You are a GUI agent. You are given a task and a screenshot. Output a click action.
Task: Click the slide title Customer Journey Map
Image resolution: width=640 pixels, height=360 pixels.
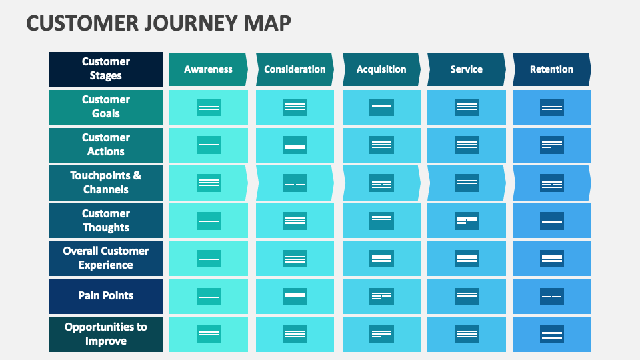pyautogui.click(x=159, y=23)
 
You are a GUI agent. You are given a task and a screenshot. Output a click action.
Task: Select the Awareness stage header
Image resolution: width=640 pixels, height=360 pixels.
pyautogui.click(x=208, y=69)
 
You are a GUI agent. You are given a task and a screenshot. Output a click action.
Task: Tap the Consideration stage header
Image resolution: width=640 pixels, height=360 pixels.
pyautogui.click(x=295, y=69)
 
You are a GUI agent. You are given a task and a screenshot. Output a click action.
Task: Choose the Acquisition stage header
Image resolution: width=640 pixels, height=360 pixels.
pyautogui.click(x=381, y=69)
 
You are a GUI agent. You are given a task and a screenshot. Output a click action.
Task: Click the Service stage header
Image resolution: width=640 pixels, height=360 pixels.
pyautogui.click(x=466, y=69)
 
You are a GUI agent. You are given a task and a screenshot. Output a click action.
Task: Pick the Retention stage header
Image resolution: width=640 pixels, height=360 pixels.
pyautogui.click(x=551, y=69)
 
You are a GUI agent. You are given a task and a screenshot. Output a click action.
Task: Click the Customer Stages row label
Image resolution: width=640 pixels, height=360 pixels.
pyautogui.click(x=106, y=69)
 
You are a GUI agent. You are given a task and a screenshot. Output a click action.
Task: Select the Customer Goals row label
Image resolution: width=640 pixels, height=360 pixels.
pyautogui.click(x=106, y=107)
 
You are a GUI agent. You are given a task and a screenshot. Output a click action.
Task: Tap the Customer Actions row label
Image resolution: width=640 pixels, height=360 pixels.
pyautogui.click(x=106, y=145)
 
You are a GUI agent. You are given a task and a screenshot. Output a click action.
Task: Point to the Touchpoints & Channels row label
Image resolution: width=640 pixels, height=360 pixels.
pyautogui.click(x=106, y=183)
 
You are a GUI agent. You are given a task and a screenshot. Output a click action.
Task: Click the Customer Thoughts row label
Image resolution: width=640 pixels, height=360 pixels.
pyautogui.click(x=106, y=221)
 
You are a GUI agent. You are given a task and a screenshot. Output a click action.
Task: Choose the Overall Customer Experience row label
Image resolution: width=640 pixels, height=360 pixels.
pyautogui.click(x=106, y=258)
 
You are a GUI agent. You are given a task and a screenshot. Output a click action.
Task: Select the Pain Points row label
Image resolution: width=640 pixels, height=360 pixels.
pyautogui.click(x=106, y=296)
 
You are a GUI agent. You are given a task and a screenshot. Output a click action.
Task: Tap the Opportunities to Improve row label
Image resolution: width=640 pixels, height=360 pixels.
pyautogui.click(x=106, y=334)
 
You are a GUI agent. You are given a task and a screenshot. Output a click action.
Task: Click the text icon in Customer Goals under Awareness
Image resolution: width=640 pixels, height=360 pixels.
pyautogui.click(x=209, y=107)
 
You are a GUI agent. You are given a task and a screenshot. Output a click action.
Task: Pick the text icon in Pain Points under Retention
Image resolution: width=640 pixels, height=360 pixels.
pyautogui.click(x=551, y=297)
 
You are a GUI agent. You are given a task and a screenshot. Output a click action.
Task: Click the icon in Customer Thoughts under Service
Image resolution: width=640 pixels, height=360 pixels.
pyautogui.click(x=467, y=221)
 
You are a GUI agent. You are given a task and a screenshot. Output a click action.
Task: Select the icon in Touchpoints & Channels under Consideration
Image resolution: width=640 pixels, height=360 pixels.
pyautogui.click(x=295, y=183)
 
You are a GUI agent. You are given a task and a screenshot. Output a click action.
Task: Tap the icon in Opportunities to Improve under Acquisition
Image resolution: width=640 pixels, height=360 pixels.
pyautogui.click(x=381, y=334)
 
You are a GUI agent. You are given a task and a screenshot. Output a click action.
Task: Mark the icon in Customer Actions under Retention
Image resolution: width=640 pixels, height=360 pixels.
pyautogui.click(x=551, y=145)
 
